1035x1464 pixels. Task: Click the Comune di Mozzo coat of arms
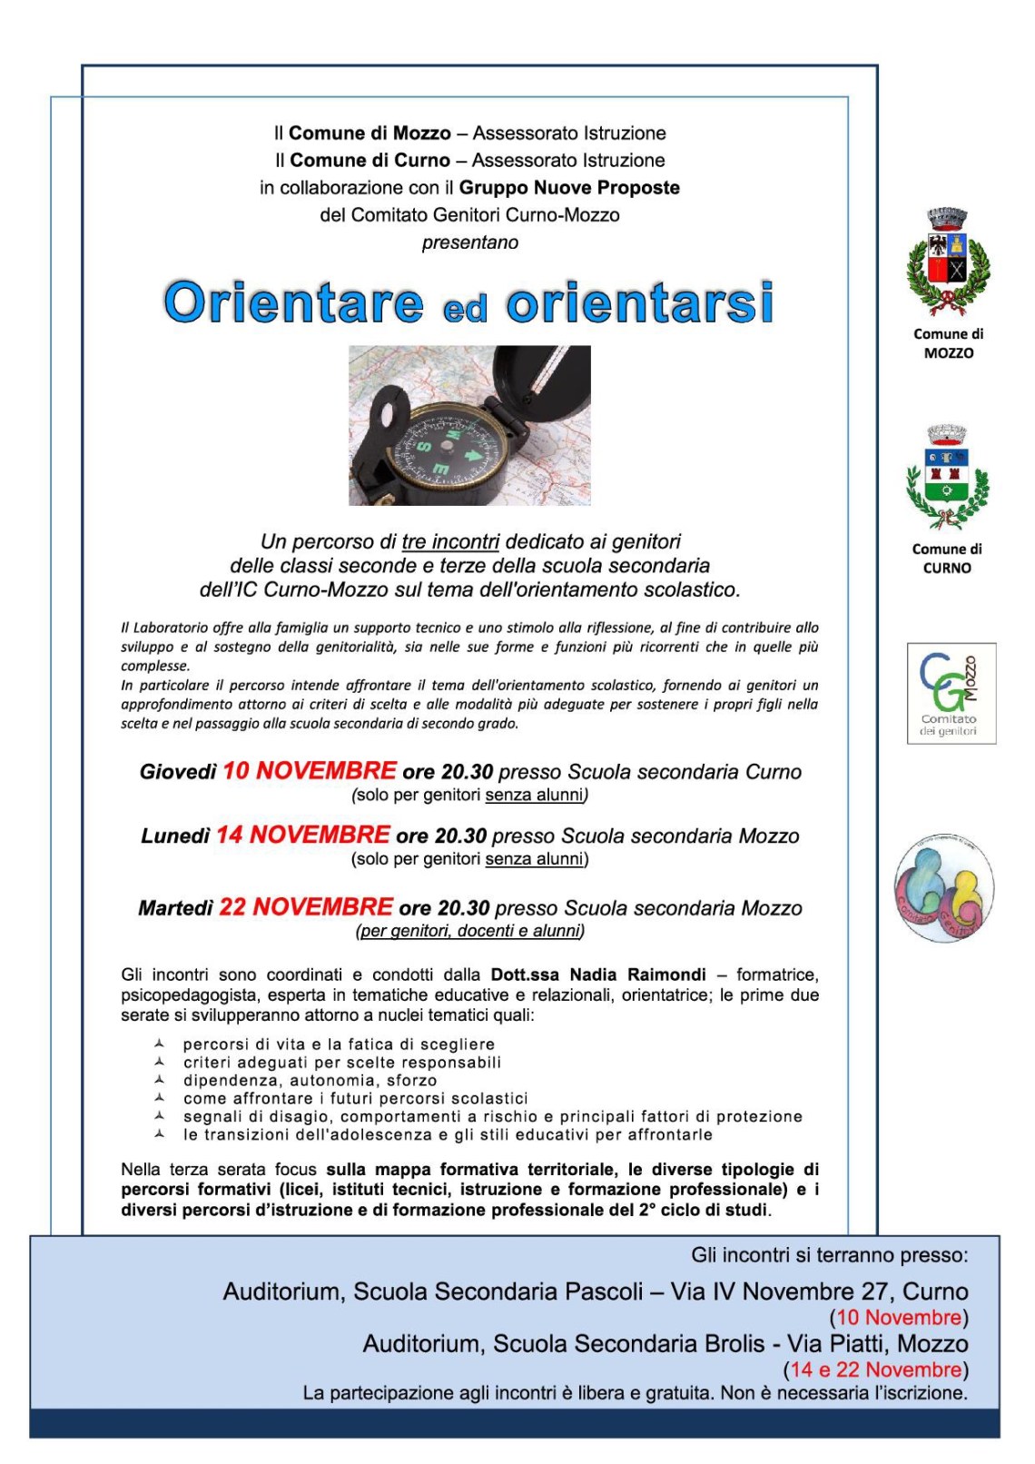point(948,262)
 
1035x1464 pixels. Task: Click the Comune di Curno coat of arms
point(947,478)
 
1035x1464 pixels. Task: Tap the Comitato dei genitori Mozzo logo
point(951,693)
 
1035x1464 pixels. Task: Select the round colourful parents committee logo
point(944,887)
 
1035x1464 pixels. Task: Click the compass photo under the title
point(469,425)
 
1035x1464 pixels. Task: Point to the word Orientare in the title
point(293,302)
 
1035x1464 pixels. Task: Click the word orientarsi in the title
point(639,302)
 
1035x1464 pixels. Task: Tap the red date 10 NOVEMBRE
point(310,771)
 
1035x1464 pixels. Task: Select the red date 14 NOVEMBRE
point(302,835)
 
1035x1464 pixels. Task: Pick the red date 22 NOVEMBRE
point(306,907)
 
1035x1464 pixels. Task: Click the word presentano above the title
point(469,242)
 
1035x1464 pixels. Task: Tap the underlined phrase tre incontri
point(450,542)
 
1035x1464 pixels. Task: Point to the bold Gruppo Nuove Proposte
point(569,188)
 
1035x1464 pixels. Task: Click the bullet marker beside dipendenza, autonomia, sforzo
point(160,1080)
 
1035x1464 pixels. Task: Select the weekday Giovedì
point(178,772)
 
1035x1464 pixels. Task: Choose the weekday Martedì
point(175,908)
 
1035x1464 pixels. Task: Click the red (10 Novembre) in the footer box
point(899,1318)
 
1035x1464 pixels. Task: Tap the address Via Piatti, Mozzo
point(877,1344)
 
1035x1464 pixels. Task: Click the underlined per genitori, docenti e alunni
point(470,931)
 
